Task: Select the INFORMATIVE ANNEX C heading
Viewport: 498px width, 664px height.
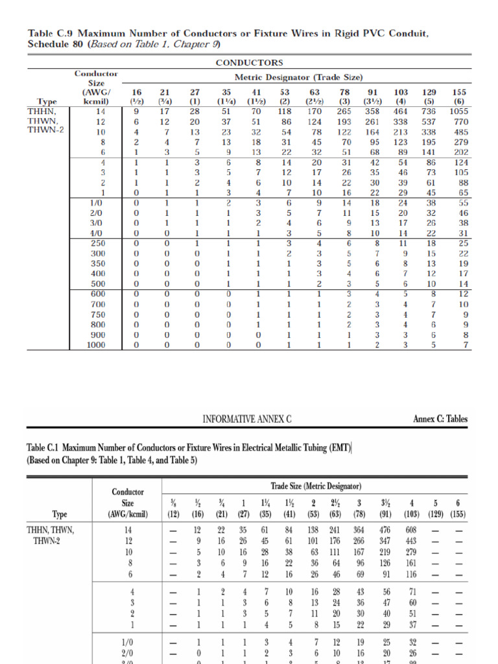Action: (247, 420)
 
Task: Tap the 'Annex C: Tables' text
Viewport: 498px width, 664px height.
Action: (440, 420)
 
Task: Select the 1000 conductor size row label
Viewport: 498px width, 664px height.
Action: (95, 346)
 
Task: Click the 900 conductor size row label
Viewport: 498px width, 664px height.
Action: (95, 336)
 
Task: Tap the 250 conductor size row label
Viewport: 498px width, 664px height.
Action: (95, 243)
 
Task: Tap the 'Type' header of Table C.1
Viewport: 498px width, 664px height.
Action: (60, 515)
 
